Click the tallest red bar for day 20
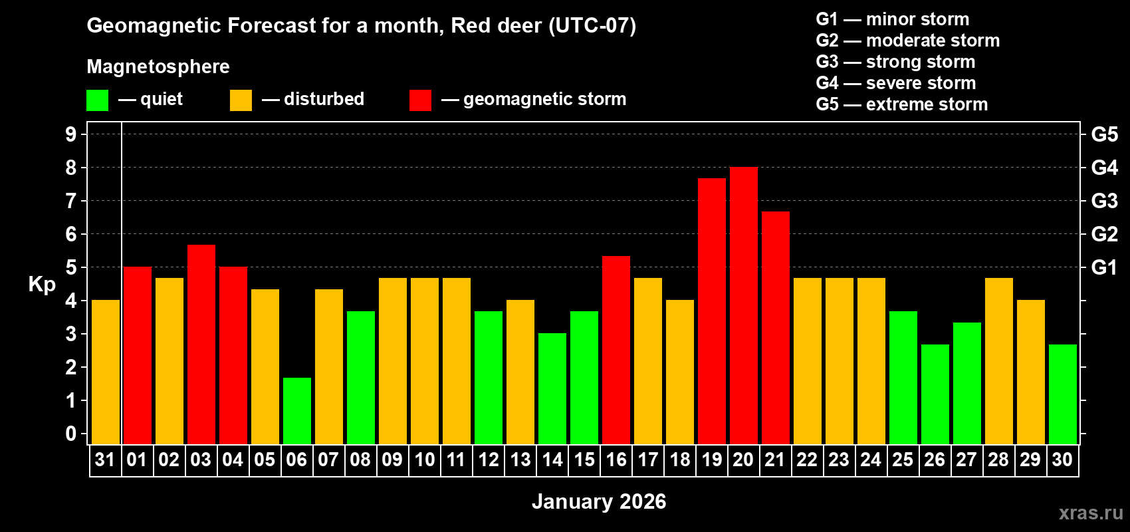click(743, 306)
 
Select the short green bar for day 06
click(296, 411)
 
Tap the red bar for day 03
click(201, 344)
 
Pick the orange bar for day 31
click(105, 372)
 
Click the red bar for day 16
click(616, 350)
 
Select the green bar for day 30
click(1062, 394)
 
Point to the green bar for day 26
click(935, 394)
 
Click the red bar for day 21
click(775, 328)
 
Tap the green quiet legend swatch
click(97, 100)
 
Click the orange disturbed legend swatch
click(241, 100)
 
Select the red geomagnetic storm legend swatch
click(420, 100)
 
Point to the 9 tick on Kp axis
click(71, 134)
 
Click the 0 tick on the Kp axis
click(71, 434)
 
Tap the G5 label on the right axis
click(1104, 134)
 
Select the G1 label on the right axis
click(1104, 267)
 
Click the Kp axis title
click(42, 285)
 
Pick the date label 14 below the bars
click(552, 460)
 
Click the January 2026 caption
click(598, 501)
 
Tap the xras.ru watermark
click(1090, 512)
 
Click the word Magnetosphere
click(158, 66)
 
